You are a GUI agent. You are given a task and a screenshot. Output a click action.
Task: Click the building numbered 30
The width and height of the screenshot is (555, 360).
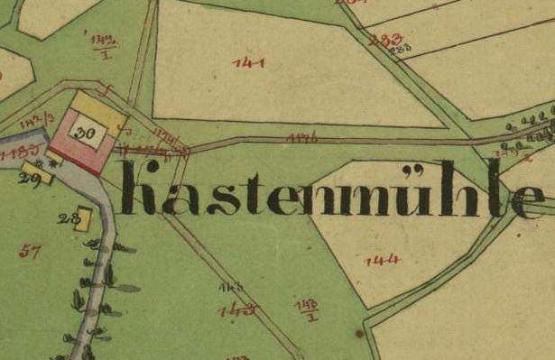[88, 134]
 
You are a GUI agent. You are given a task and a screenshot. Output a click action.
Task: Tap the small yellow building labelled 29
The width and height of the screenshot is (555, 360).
[35, 171]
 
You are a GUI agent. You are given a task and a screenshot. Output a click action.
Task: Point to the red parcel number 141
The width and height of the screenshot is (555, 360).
[247, 63]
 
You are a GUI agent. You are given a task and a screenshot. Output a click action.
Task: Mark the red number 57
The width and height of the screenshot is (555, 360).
[29, 253]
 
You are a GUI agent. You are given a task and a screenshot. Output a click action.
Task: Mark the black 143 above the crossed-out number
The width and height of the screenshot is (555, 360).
[226, 287]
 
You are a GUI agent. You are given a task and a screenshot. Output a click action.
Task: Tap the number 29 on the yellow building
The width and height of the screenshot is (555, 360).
[26, 180]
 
